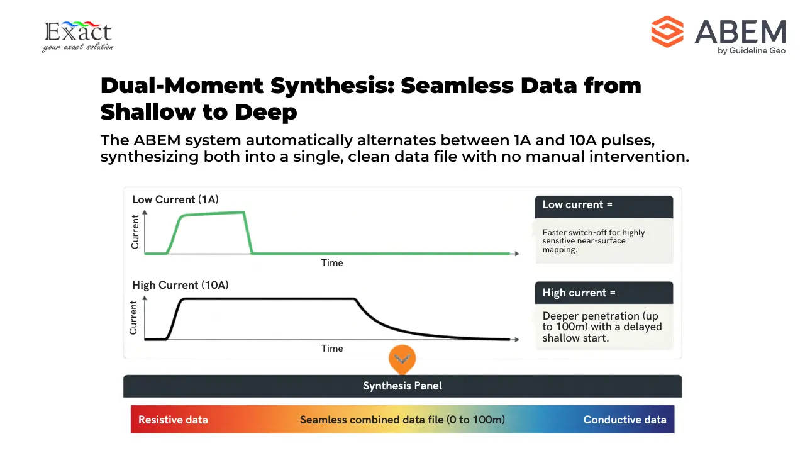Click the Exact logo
(77, 36)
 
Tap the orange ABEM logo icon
(667, 31)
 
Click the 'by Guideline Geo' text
(751, 51)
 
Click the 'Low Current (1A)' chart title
(175, 199)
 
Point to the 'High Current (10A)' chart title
(180, 285)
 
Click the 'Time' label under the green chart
(331, 263)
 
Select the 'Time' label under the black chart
(331, 349)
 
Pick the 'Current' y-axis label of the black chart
(133, 318)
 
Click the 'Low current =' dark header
(603, 205)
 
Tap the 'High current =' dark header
(603, 293)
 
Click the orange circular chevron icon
(402, 359)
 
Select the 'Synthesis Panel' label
(402, 386)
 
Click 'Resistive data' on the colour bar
(173, 420)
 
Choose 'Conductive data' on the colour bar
(625, 420)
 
